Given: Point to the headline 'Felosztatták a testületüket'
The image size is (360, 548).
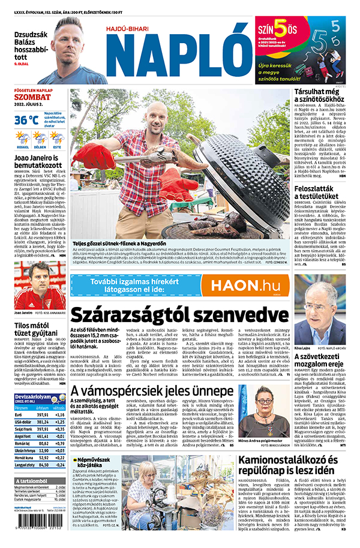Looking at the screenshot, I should (x=320, y=194).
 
